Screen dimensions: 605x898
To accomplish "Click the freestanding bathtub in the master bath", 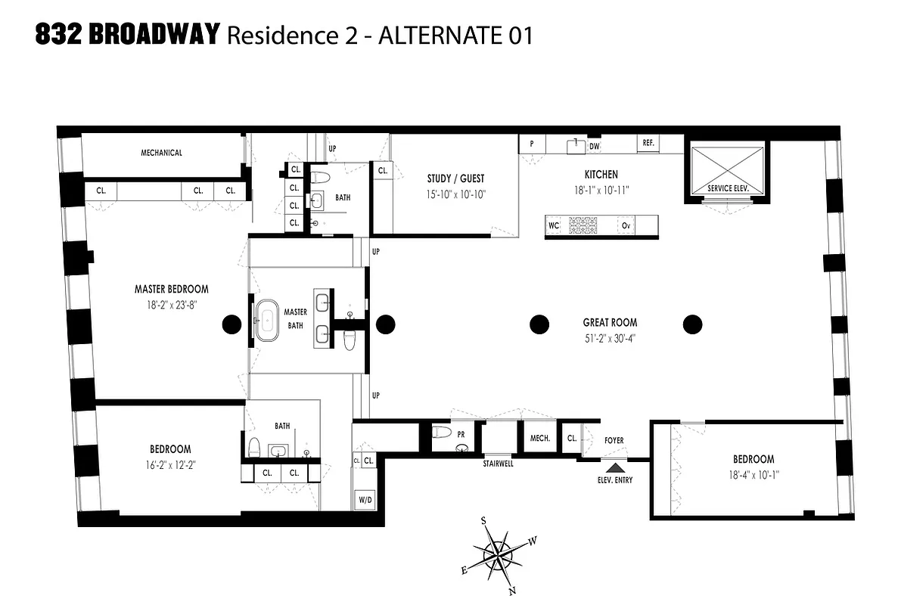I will click(266, 322).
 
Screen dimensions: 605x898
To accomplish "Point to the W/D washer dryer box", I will click(365, 500).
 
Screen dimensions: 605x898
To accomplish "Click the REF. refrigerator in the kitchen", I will click(648, 143).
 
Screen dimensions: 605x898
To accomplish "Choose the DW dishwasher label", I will click(595, 146).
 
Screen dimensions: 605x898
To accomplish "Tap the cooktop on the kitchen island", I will click(583, 225).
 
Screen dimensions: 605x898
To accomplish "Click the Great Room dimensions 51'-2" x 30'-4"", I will click(609, 339).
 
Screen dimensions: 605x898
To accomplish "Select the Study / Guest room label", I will click(455, 179).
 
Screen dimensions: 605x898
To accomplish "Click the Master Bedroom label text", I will click(171, 289).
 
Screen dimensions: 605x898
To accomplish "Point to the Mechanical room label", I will click(161, 153).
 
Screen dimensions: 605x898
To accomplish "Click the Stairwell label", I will click(498, 464).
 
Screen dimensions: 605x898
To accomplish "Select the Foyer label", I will click(614, 440).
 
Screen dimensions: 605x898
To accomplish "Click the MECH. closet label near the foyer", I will click(539, 438).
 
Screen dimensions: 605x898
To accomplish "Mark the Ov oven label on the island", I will click(626, 226).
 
